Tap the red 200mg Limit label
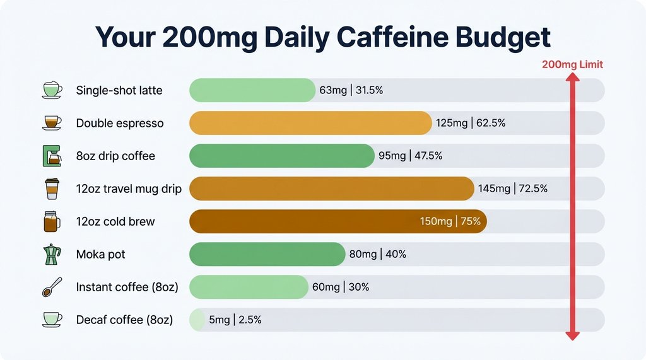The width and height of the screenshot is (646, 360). pyautogui.click(x=572, y=64)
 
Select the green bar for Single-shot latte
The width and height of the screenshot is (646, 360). pyautogui.click(x=252, y=90)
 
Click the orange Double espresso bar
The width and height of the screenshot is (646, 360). pyautogui.click(x=310, y=123)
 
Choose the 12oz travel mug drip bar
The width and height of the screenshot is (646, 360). pyautogui.click(x=331, y=189)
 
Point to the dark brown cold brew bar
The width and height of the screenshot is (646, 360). pyautogui.click(x=303, y=221)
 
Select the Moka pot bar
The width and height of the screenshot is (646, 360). pyautogui.click(x=267, y=254)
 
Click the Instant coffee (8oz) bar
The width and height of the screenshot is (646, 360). pyautogui.click(x=249, y=287)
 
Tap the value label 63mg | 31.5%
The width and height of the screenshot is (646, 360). pyautogui.click(x=351, y=90)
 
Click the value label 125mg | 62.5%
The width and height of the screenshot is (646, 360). pyautogui.click(x=471, y=123)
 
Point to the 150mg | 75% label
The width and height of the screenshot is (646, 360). pyautogui.click(x=450, y=221)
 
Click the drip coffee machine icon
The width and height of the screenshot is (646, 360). pyautogui.click(x=51, y=156)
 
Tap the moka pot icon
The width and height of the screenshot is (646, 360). pyautogui.click(x=51, y=254)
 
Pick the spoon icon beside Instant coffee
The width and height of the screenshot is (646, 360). pyautogui.click(x=51, y=287)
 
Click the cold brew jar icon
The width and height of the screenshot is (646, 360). pyautogui.click(x=51, y=221)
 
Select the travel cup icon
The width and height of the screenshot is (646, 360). pyautogui.click(x=51, y=189)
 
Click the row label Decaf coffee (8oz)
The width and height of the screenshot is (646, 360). pyautogui.click(x=124, y=320)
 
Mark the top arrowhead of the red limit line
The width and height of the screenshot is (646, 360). pyautogui.click(x=572, y=78)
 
